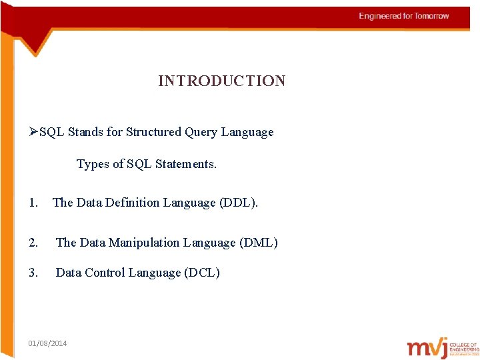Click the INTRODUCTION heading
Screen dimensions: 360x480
(221, 81)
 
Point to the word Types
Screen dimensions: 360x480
(92, 164)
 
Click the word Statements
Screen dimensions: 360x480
(186, 164)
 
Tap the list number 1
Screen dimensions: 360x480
(33, 203)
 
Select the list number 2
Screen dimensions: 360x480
(33, 243)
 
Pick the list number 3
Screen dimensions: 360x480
(33, 273)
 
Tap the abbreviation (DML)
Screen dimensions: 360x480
(258, 243)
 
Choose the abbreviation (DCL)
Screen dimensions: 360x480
(201, 273)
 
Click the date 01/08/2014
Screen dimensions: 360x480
(47, 343)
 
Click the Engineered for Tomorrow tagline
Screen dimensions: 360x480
(404, 16)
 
